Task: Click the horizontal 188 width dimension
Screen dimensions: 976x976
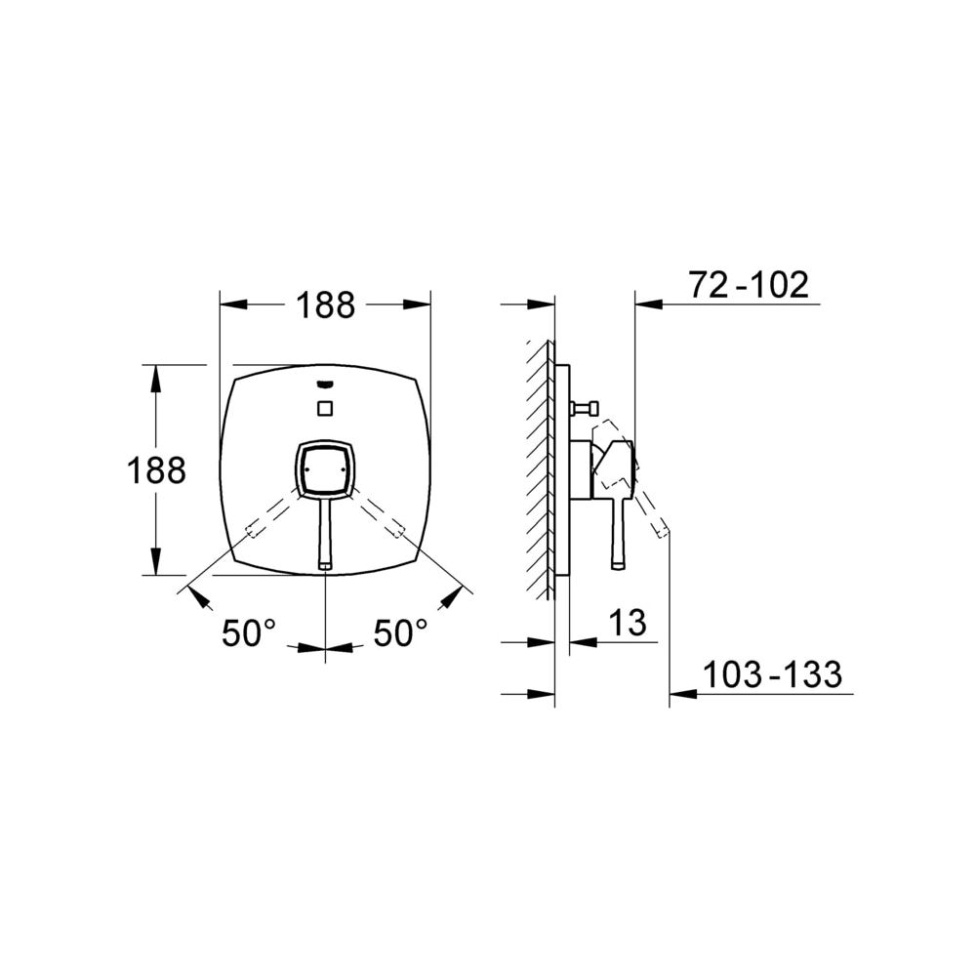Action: point(325,305)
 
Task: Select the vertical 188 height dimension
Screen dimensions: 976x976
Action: point(156,470)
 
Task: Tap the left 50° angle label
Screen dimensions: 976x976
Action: point(249,633)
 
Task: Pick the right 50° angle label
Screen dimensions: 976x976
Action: point(400,633)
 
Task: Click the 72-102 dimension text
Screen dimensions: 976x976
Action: point(749,285)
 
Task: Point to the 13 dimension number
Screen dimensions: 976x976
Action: point(628,622)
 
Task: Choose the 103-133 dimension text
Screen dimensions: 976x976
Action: point(772,674)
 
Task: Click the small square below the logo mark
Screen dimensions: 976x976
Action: point(325,408)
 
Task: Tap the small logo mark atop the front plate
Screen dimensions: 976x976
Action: point(325,386)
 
